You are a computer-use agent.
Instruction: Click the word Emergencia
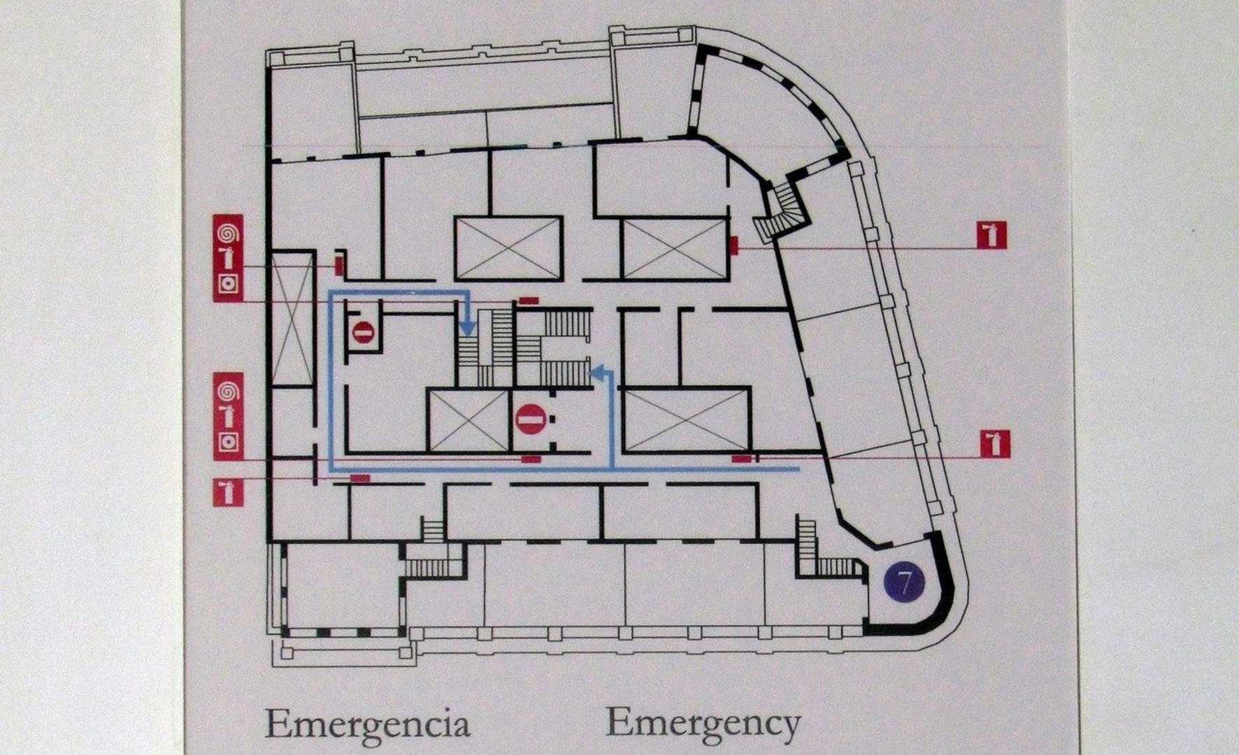tap(367, 726)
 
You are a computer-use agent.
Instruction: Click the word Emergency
tap(703, 724)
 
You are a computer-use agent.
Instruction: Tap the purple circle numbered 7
tap(904, 582)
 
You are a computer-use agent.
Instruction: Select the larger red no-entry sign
tap(529, 419)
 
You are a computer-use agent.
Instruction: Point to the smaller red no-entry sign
tap(363, 332)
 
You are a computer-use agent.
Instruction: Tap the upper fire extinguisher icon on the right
tap(991, 235)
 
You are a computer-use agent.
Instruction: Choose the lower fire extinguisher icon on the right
tap(994, 444)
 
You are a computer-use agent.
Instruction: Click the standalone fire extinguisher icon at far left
tap(228, 492)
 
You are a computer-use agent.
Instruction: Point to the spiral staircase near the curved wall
tap(782, 210)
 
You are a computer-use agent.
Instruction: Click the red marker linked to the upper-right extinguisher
tap(734, 245)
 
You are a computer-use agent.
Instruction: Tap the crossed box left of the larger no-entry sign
tap(468, 422)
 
